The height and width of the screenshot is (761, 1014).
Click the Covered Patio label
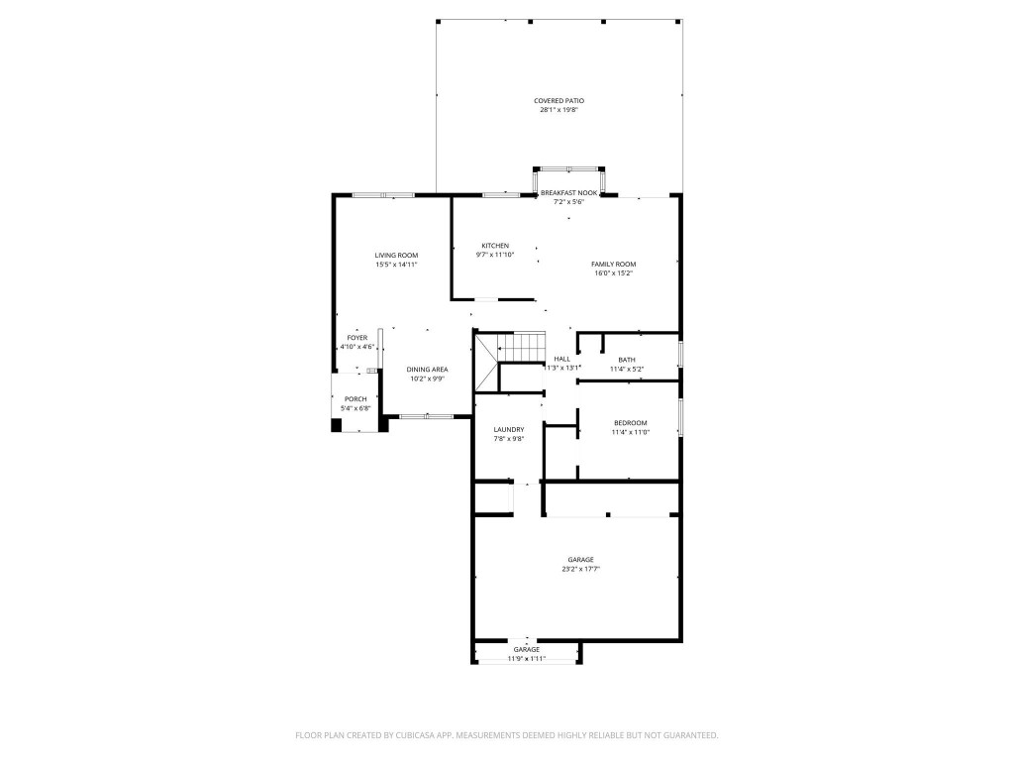pyautogui.click(x=558, y=101)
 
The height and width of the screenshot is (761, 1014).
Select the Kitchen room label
pyautogui.click(x=495, y=246)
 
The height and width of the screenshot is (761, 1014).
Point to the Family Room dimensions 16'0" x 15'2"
pyautogui.click(x=613, y=272)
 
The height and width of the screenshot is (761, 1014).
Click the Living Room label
pyautogui.click(x=396, y=256)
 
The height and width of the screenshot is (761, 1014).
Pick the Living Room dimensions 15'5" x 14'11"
pyautogui.click(x=396, y=265)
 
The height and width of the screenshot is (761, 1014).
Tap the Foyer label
pyautogui.click(x=356, y=338)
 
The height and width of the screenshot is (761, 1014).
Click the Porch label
pyautogui.click(x=355, y=399)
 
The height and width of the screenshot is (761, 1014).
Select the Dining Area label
pyautogui.click(x=427, y=370)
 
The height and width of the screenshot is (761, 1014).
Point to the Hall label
pyautogui.click(x=561, y=359)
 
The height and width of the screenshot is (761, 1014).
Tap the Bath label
pyautogui.click(x=627, y=360)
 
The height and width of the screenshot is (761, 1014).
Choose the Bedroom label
pyautogui.click(x=629, y=423)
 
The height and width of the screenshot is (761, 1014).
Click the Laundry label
pyautogui.click(x=509, y=430)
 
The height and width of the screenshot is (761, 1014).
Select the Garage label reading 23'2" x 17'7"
pyautogui.click(x=580, y=560)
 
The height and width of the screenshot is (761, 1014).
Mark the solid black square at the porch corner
pyautogui.click(x=337, y=425)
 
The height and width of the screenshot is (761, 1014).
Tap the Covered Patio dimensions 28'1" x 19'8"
pyautogui.click(x=558, y=110)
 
